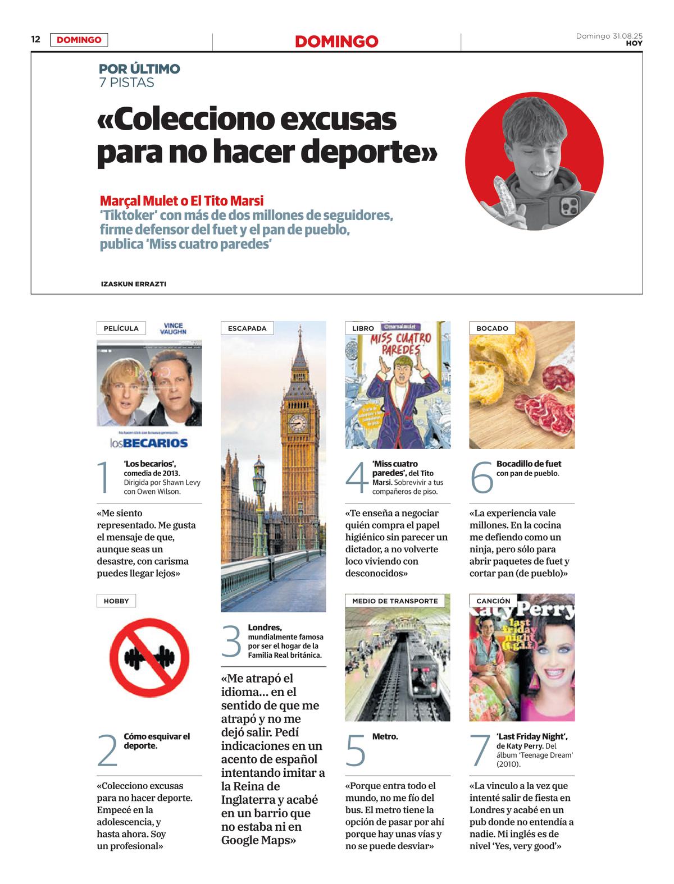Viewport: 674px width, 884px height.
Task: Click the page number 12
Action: click(x=36, y=39)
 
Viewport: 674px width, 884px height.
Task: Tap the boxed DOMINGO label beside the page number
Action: click(x=79, y=40)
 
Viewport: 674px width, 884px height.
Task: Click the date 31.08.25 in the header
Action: click(x=627, y=36)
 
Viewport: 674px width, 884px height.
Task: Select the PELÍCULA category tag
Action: click(x=121, y=328)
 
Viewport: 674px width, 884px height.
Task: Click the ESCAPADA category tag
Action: click(x=247, y=328)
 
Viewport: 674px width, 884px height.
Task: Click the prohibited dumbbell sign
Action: click(x=149, y=657)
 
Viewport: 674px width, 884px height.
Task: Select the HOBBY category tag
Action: click(x=116, y=601)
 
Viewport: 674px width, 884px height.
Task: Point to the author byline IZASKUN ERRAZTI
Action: click(x=133, y=284)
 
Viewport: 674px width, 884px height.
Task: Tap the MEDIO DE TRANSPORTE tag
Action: click(x=395, y=601)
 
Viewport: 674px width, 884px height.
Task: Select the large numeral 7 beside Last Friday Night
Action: click(x=480, y=751)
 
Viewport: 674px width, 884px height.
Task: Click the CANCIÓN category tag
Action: click(x=493, y=601)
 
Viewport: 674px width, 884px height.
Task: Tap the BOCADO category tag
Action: click(x=492, y=328)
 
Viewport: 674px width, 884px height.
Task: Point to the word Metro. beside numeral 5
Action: click(x=385, y=736)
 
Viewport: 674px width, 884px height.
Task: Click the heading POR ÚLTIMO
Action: click(x=139, y=69)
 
